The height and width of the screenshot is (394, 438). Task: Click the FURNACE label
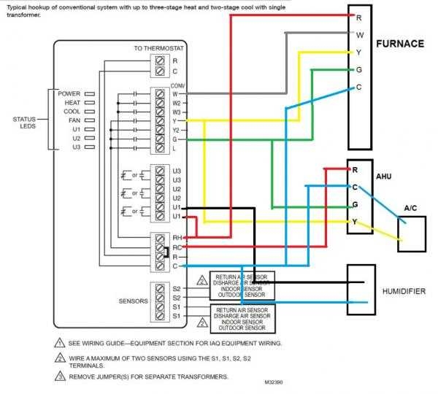pos(399,45)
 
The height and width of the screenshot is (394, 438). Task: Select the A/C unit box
pos(411,234)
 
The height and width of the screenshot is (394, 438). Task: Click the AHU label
pos(383,177)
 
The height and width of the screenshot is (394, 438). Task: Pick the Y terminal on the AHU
pos(356,222)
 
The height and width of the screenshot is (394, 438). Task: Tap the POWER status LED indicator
pos(88,94)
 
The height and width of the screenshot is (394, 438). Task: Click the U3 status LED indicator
pos(88,147)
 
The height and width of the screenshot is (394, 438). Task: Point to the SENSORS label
pos(133,301)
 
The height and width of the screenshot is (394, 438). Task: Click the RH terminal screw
pos(161,238)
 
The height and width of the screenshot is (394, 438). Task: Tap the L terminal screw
pos(161,148)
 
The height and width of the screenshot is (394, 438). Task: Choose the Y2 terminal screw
pos(161,130)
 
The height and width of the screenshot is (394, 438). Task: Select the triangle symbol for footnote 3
pos(59,376)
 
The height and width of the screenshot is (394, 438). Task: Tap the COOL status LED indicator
pos(88,112)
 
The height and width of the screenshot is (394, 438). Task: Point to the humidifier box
pos(361,289)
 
